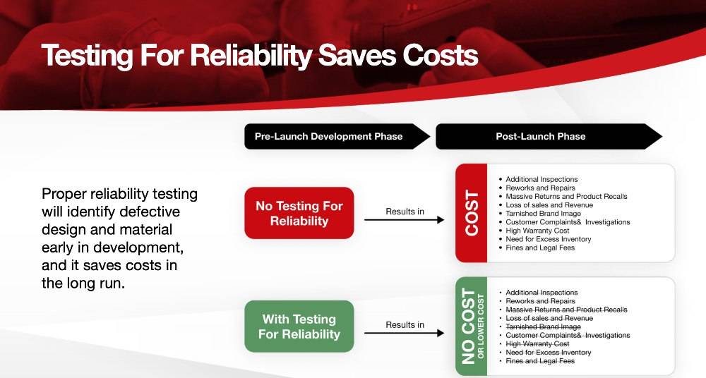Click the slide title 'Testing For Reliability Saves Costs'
(260, 56)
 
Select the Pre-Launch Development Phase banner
(329, 136)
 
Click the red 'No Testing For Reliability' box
(299, 213)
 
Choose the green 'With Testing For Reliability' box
(299, 327)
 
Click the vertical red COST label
(472, 213)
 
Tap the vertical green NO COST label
(468, 326)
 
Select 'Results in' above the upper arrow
(405, 211)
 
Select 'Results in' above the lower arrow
(405, 324)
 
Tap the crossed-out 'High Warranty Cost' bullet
(537, 343)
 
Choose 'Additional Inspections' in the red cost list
(542, 179)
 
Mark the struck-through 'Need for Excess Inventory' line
(548, 352)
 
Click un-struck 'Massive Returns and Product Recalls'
(566, 196)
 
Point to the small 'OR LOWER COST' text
(481, 326)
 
